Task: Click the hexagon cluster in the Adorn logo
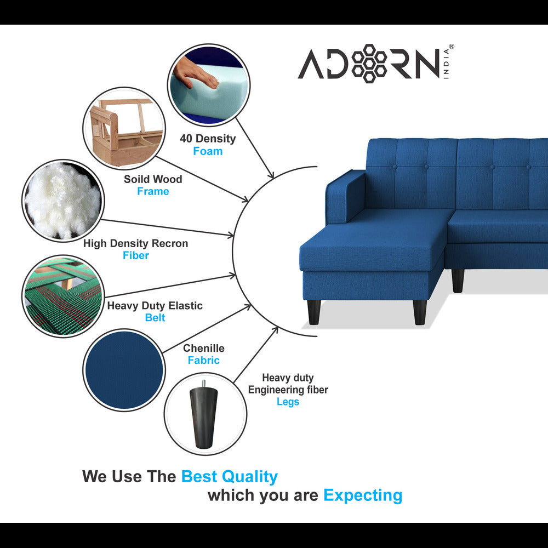(369, 63)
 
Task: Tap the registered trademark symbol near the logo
(451, 47)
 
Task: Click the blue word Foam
(208, 151)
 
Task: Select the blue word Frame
(153, 191)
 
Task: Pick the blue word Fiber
(135, 255)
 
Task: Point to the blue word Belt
(155, 318)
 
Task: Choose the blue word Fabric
(204, 361)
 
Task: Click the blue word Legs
(288, 402)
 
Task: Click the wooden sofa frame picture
(124, 129)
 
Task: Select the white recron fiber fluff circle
(63, 201)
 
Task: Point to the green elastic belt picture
(63, 296)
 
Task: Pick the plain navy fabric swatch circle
(124, 370)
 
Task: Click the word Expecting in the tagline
(363, 495)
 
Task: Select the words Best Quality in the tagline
(229, 477)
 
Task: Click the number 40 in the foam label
(186, 139)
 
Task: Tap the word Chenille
(204, 349)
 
